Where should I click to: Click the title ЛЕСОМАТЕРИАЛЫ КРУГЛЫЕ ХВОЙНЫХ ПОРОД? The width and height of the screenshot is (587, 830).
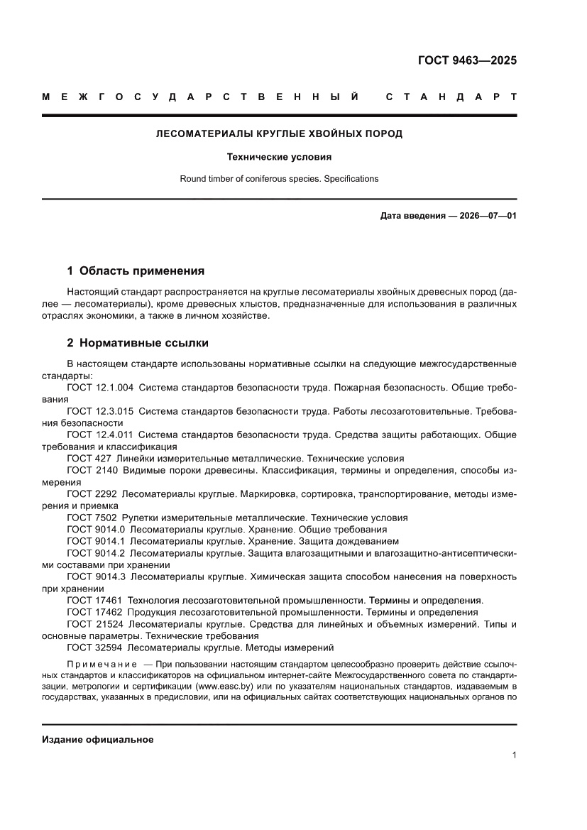pos(279,133)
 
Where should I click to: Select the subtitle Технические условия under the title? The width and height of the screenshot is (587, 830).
pos(279,156)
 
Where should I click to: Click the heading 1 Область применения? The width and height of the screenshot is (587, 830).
pos(136,271)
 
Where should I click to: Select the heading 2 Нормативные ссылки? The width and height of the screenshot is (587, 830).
pos(138,343)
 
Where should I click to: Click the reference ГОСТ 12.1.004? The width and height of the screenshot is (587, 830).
pos(100,389)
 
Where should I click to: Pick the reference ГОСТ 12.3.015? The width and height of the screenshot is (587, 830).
pos(100,412)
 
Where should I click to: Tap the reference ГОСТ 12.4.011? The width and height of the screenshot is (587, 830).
pos(100,435)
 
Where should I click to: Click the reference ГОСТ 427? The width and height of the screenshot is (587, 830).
pos(89,459)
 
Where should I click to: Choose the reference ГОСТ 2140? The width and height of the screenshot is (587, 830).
pos(92,470)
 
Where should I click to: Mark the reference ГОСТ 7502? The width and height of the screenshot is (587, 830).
pos(92,518)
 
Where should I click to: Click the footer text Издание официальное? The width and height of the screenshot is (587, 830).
pos(98,740)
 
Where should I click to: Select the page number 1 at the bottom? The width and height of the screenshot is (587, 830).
pos(514,755)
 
